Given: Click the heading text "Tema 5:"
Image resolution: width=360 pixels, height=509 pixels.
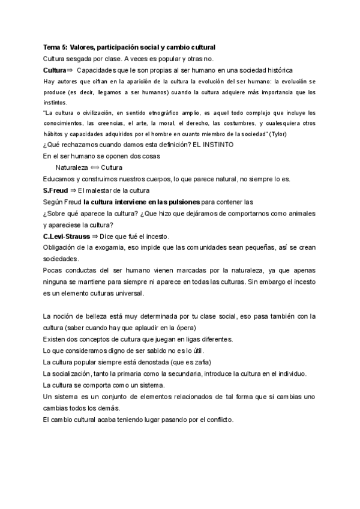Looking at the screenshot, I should point(55,47).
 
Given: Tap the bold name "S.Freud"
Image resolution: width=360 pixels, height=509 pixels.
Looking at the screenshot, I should point(55,190).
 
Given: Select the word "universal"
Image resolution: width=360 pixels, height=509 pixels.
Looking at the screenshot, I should point(127,294).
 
